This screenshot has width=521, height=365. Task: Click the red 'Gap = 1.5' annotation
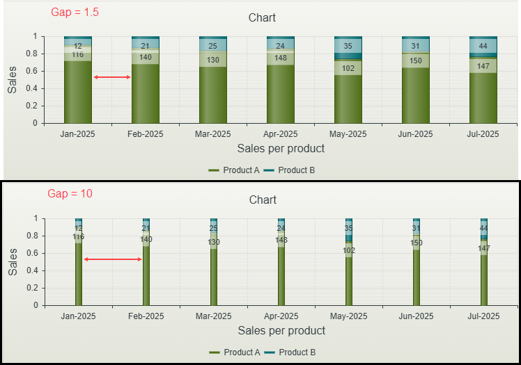click(x=75, y=12)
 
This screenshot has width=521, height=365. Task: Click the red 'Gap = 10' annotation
click(x=70, y=193)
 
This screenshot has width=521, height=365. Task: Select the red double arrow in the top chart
click(x=112, y=77)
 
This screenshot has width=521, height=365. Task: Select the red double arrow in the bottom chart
click(x=113, y=259)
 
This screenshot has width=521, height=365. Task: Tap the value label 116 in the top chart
click(x=78, y=55)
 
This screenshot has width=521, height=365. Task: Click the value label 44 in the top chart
click(x=483, y=46)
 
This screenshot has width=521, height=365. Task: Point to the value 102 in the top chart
click(x=348, y=68)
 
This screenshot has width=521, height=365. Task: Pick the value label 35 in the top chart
click(x=348, y=47)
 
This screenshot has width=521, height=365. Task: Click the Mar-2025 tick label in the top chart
click(x=212, y=134)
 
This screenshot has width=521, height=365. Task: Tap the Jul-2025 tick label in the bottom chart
click(x=483, y=316)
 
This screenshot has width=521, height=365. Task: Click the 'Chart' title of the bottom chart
click(x=263, y=200)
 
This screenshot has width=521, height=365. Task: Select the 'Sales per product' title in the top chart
click(x=281, y=148)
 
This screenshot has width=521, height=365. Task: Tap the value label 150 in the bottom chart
click(x=417, y=243)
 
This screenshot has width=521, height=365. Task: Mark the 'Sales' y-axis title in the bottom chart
click(x=13, y=261)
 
